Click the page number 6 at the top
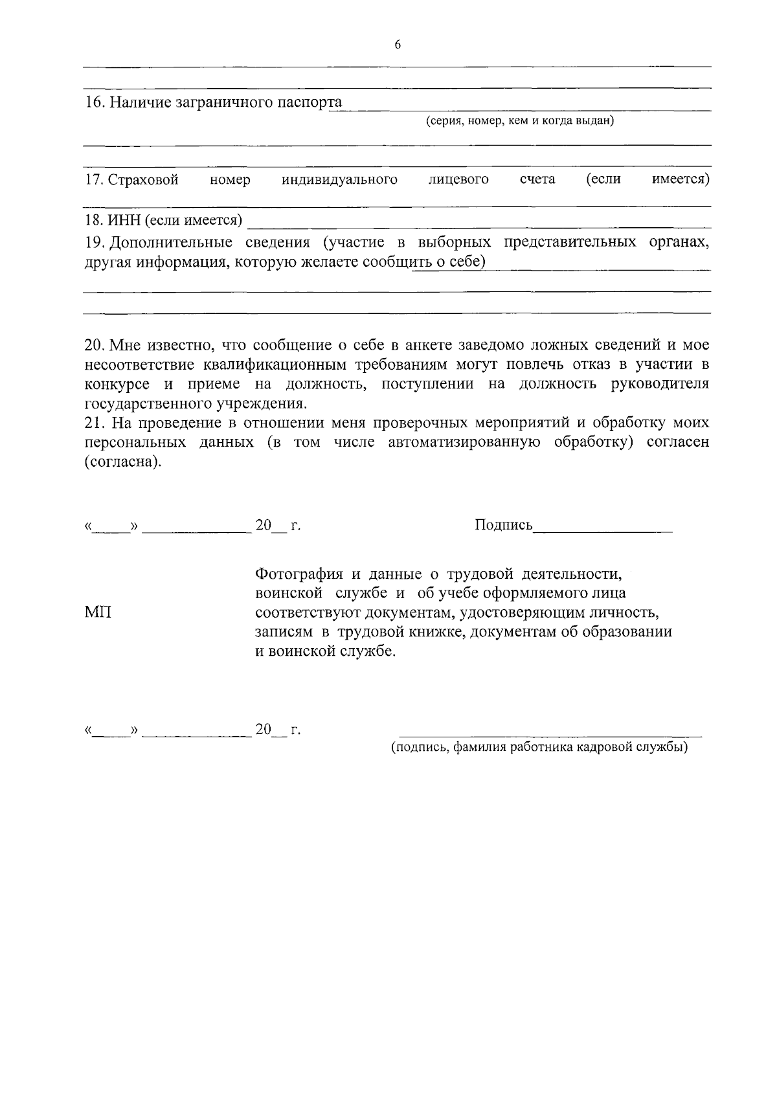[x=398, y=45]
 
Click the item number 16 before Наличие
[x=94, y=102]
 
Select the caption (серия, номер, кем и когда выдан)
[x=520, y=121]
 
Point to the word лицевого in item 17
[x=458, y=179]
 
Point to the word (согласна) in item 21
[x=122, y=462]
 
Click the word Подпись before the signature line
[x=503, y=525]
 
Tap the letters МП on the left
[x=98, y=612]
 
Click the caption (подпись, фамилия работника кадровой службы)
[x=539, y=748]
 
